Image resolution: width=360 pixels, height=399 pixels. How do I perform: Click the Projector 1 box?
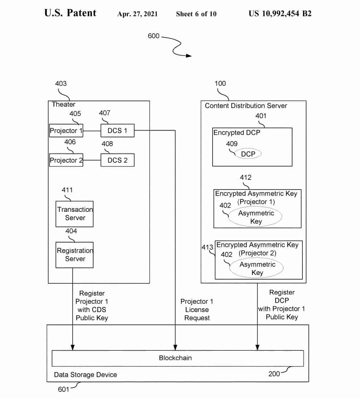[x=66, y=131]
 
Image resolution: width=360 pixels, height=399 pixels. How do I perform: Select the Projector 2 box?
[x=66, y=160]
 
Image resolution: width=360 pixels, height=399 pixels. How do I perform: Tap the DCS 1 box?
[x=117, y=131]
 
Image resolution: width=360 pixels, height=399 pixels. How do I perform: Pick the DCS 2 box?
[x=117, y=160]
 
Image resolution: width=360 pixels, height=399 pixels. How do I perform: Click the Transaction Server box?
[x=75, y=214]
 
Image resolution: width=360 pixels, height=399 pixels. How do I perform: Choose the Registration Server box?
[x=75, y=255]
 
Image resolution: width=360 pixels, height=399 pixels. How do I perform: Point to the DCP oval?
[x=248, y=154]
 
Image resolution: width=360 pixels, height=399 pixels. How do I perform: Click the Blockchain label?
[x=175, y=357]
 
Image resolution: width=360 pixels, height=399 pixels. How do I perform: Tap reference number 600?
[x=154, y=36]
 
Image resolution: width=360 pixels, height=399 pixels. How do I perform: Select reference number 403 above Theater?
[x=61, y=83]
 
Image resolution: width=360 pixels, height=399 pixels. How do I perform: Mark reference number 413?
[x=208, y=247]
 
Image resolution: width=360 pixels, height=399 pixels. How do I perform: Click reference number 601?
[x=63, y=389]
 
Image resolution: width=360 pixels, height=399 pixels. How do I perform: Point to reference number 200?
[x=274, y=374]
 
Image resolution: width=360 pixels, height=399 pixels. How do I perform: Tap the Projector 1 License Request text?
[x=197, y=310]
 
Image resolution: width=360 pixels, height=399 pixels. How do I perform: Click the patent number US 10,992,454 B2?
[x=280, y=14]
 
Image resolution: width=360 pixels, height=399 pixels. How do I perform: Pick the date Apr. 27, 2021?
[x=137, y=14]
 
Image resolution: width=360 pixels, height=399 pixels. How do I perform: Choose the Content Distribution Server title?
[x=246, y=106]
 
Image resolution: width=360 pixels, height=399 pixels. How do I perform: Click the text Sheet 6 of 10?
[x=196, y=14]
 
